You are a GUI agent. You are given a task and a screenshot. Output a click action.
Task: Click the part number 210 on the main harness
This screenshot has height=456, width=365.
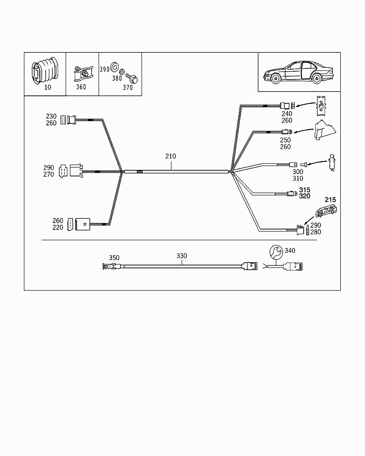point(170,156)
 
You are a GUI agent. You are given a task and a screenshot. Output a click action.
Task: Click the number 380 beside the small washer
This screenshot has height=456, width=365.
point(117,78)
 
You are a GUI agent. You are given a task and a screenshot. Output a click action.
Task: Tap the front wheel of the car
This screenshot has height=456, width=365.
point(274,78)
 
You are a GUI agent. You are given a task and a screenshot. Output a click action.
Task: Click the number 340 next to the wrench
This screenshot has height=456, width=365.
point(290,251)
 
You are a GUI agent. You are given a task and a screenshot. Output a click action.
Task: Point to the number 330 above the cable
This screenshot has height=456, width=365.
point(181,256)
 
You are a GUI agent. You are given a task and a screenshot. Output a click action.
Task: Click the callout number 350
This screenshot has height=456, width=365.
point(114,258)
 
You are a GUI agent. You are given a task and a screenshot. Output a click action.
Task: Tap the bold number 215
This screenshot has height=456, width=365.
point(330,200)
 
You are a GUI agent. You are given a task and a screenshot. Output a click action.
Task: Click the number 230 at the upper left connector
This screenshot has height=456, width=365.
point(51,116)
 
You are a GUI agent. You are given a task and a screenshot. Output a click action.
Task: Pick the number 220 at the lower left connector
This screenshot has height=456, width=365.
point(58,227)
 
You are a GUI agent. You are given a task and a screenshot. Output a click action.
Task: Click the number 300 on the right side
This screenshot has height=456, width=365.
point(298,172)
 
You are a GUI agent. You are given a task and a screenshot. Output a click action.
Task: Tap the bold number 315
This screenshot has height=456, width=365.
point(304,190)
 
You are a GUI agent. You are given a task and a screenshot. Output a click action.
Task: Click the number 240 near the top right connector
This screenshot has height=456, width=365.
point(287,114)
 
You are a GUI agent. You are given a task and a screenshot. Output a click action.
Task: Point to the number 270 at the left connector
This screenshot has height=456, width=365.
point(49,174)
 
